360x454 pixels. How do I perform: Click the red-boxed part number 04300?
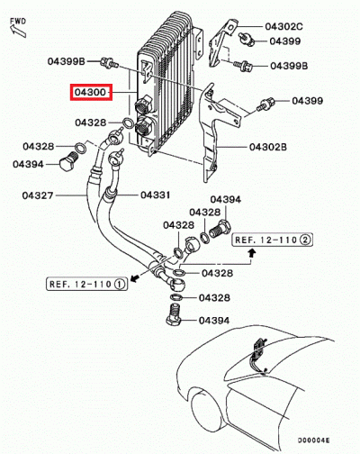91,92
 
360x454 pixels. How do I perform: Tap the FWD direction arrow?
18,31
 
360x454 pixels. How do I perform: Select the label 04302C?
283,26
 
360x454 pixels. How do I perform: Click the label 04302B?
268,147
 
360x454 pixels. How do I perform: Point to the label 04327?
38,195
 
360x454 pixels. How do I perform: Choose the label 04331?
155,195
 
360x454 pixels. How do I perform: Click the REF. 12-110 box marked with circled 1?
86,284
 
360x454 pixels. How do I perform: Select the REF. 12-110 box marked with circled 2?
272,240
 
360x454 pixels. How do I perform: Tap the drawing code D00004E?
313,440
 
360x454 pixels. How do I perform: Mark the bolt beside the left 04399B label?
110,62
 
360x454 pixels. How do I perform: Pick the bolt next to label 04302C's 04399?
247,39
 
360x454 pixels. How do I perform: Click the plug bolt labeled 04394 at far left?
68,161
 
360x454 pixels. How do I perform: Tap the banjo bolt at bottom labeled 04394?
174,314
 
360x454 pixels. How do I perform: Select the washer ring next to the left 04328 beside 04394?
80,148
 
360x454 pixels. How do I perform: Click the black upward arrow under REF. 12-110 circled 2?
252,254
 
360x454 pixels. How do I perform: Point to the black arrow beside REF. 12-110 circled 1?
134,277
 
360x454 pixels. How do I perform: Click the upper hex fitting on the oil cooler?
143,104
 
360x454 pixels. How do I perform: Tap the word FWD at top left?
18,22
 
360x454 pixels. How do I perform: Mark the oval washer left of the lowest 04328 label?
175,297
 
